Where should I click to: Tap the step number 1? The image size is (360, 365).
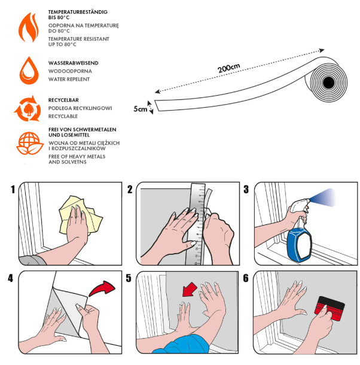[11, 190]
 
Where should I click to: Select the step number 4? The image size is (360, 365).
[10, 278]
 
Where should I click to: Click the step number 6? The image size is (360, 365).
[246, 278]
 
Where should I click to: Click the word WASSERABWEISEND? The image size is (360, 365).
[74, 63]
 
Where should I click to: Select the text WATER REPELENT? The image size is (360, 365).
[69, 79]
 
